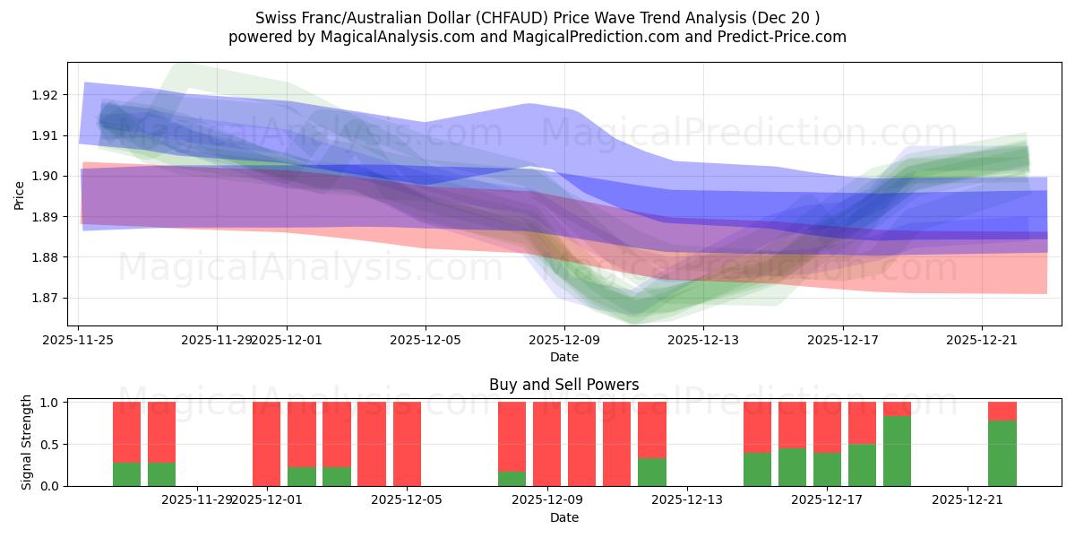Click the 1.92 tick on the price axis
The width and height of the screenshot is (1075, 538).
[46, 95]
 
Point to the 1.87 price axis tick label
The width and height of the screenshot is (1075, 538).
[46, 298]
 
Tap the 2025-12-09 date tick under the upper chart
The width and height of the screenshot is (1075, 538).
[563, 340]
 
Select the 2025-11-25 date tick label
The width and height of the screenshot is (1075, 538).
[78, 340]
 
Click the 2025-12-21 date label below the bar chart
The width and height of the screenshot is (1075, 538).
[968, 500]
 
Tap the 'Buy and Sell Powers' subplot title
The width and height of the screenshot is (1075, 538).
[563, 385]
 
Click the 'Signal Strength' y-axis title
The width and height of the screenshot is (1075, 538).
[27, 442]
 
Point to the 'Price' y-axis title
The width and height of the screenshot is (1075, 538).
[20, 194]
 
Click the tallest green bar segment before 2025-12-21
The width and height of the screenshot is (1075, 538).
[897, 451]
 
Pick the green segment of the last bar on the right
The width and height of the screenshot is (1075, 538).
[1002, 453]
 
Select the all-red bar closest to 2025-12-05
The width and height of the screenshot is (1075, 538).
[407, 444]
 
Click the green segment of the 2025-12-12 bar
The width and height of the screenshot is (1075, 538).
[651, 472]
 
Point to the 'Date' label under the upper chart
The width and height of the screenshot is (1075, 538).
[563, 357]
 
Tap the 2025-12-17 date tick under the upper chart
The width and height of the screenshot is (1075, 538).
[841, 340]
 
